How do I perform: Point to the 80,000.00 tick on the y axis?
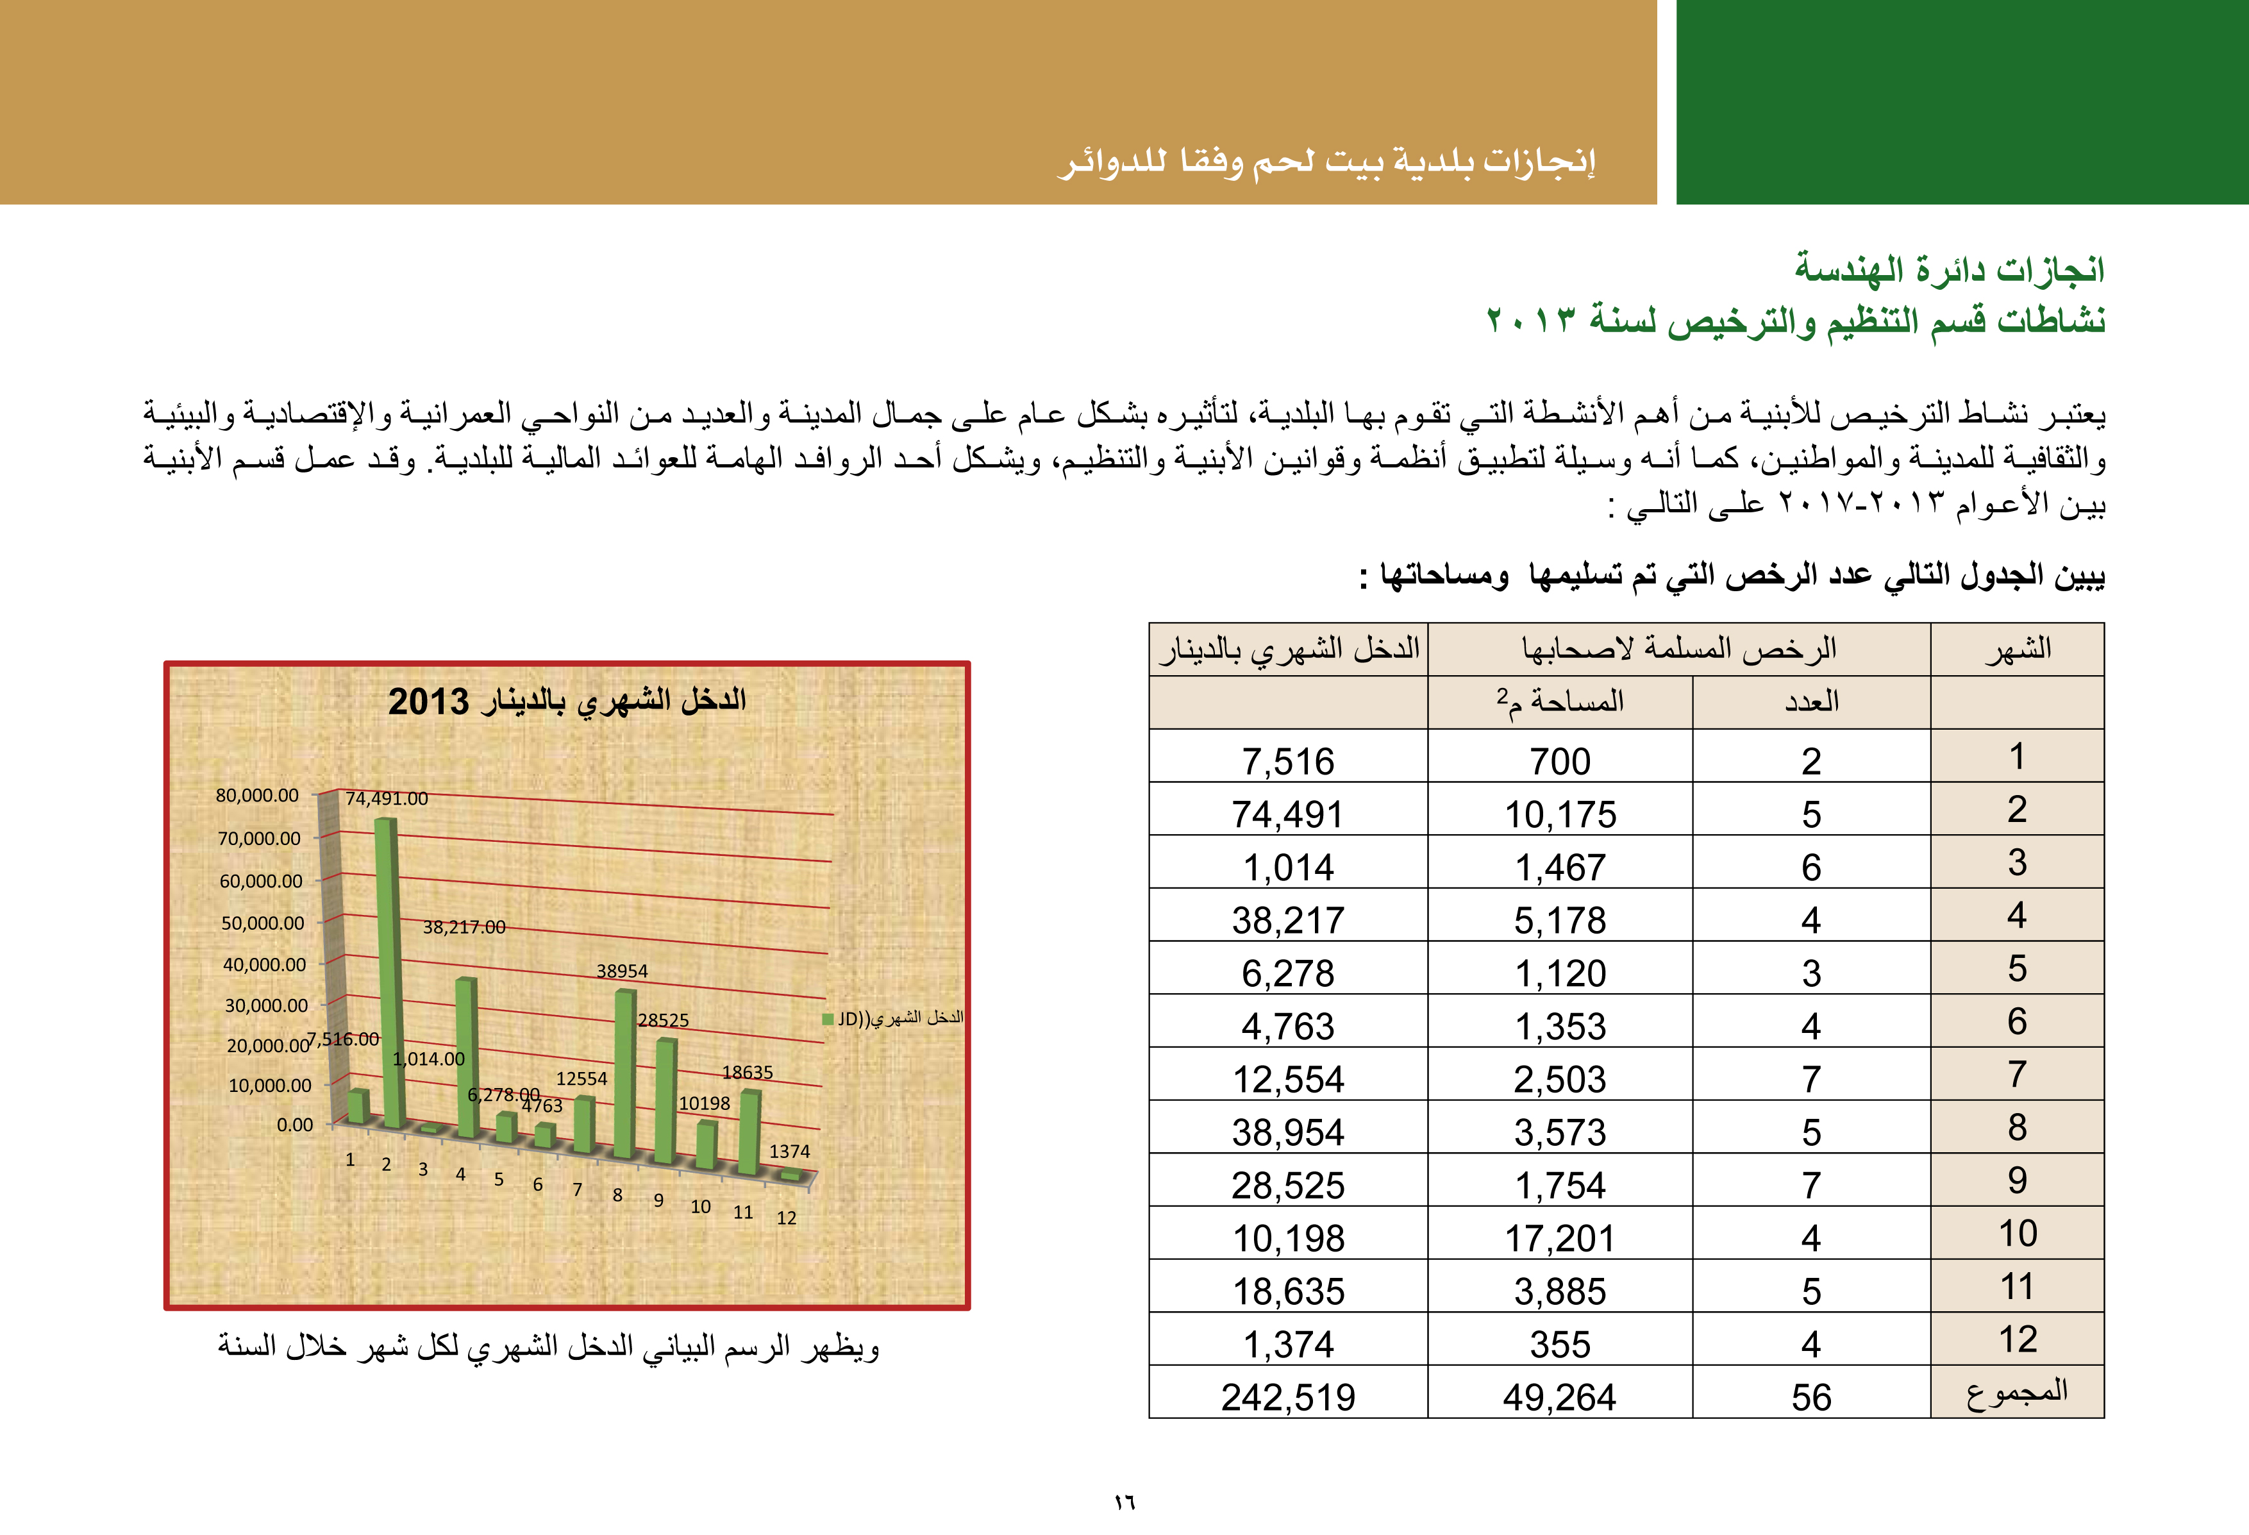[258, 796]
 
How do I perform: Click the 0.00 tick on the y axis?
[295, 1125]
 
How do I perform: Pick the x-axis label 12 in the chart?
[787, 1218]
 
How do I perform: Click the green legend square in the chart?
[828, 1018]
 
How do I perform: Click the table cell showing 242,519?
[1288, 1397]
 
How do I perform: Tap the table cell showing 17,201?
[1560, 1238]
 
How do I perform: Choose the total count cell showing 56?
[1810, 1397]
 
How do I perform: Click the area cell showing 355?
[1560, 1345]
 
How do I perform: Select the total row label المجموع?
[2017, 1392]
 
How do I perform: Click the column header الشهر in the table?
[2018, 648]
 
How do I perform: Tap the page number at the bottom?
[1124, 1503]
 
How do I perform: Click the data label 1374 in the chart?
[790, 1151]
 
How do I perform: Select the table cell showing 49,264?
[1560, 1397]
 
